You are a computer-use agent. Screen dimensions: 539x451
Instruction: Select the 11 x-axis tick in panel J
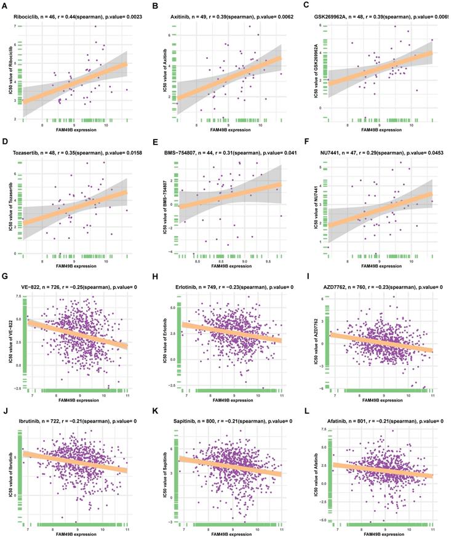[x=127, y=529]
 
